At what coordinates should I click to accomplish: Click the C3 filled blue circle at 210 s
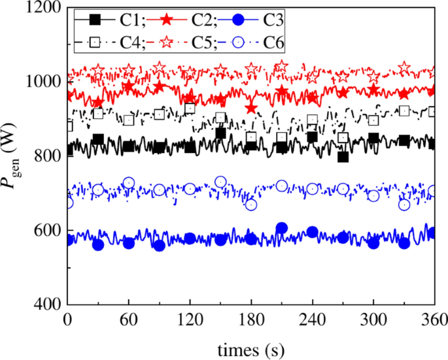point(281,228)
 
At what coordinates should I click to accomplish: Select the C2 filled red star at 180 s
point(251,107)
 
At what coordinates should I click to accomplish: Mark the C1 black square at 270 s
point(343,157)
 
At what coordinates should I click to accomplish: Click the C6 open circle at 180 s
point(251,205)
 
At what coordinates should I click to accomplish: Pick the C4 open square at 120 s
point(190,108)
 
